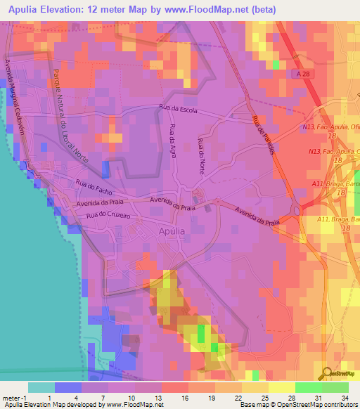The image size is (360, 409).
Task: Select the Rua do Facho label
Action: (91, 186)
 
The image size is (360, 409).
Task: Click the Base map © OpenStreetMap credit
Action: (278, 405)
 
